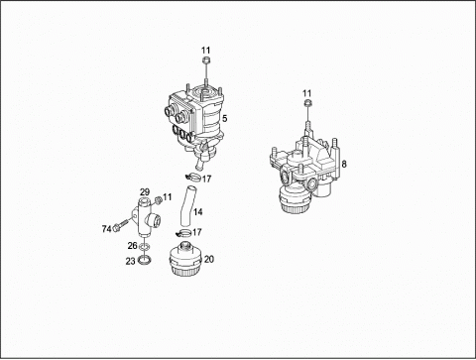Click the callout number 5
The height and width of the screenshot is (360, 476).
[225, 118]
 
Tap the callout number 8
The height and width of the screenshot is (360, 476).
[344, 164]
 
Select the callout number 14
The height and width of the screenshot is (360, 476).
[198, 211]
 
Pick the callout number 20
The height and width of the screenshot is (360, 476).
[209, 259]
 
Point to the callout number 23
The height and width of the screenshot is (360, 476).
[130, 261]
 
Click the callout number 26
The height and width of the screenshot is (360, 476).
[132, 246]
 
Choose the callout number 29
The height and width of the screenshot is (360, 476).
[145, 191]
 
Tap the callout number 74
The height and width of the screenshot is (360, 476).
[106, 229]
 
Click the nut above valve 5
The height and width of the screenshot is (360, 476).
[206, 60]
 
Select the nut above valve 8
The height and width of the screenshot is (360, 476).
[307, 103]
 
